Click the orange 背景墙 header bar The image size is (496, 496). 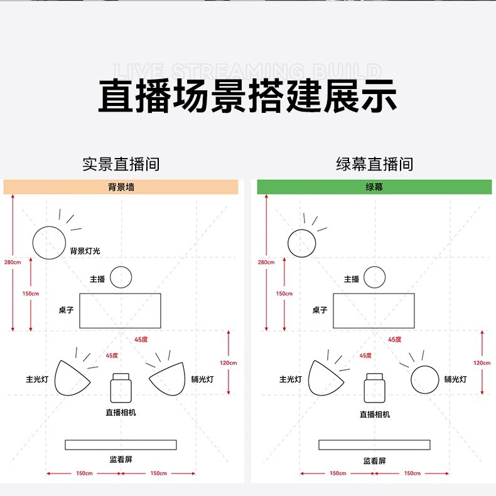pos(121,187)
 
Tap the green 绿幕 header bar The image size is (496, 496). pos(374,187)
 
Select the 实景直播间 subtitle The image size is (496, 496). pos(121,164)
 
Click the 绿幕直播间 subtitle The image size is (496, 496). pos(374,164)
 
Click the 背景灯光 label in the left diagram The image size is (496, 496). pos(85,251)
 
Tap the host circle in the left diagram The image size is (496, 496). pos(121,277)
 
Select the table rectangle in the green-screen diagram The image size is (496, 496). pos(374,310)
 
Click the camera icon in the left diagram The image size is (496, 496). pos(120,388)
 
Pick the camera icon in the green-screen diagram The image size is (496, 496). pos(374,388)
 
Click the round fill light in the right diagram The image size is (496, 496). pos(424,379)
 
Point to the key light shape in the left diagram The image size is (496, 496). pos(70,378)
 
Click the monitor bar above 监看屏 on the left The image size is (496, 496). pos(121,445)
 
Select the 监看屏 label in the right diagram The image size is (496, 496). pos(374,461)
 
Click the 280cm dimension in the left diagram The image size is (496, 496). pos(12,261)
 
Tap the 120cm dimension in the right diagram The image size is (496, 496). pos(482,362)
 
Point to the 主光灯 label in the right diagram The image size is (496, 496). pos(291,379)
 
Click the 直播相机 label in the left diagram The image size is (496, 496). pos(121,412)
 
